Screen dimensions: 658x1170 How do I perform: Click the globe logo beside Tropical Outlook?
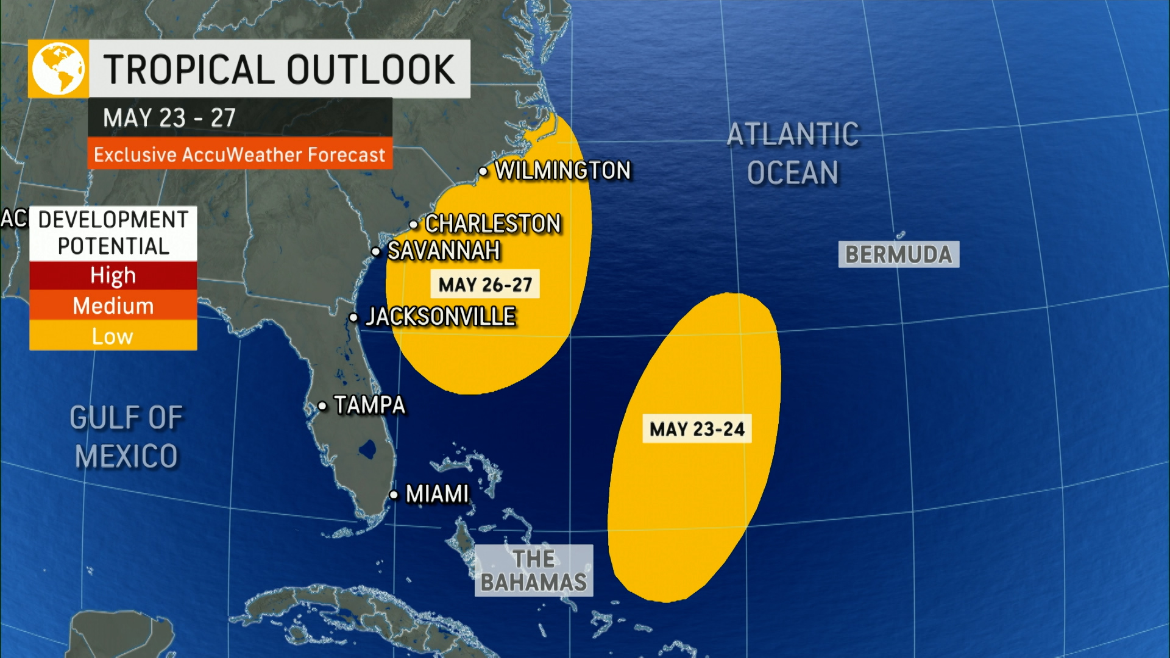(58, 69)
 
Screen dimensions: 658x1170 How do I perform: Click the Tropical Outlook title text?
(279, 69)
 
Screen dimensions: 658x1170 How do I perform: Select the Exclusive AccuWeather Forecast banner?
(239, 155)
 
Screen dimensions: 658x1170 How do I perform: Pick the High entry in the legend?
(113, 275)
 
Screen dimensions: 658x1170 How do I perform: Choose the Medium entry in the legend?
(113, 305)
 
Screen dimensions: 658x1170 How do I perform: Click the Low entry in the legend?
(113, 336)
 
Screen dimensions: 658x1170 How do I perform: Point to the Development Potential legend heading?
(113, 233)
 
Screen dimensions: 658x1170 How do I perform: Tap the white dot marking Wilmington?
(483, 172)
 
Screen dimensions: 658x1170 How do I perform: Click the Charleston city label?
(492, 224)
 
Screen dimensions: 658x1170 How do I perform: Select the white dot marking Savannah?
(376, 252)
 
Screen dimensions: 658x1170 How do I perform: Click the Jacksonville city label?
(441, 317)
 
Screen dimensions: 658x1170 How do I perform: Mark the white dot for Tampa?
(322, 406)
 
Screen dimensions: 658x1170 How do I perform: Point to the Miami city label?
(437, 494)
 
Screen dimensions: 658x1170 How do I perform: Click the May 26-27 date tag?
(485, 285)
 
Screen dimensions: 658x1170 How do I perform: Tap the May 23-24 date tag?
(697, 429)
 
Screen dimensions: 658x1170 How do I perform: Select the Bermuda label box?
(898, 255)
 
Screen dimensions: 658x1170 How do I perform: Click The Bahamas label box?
(534, 570)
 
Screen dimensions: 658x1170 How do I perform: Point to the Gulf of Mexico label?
(126, 437)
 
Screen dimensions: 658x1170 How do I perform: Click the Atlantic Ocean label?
(793, 154)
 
